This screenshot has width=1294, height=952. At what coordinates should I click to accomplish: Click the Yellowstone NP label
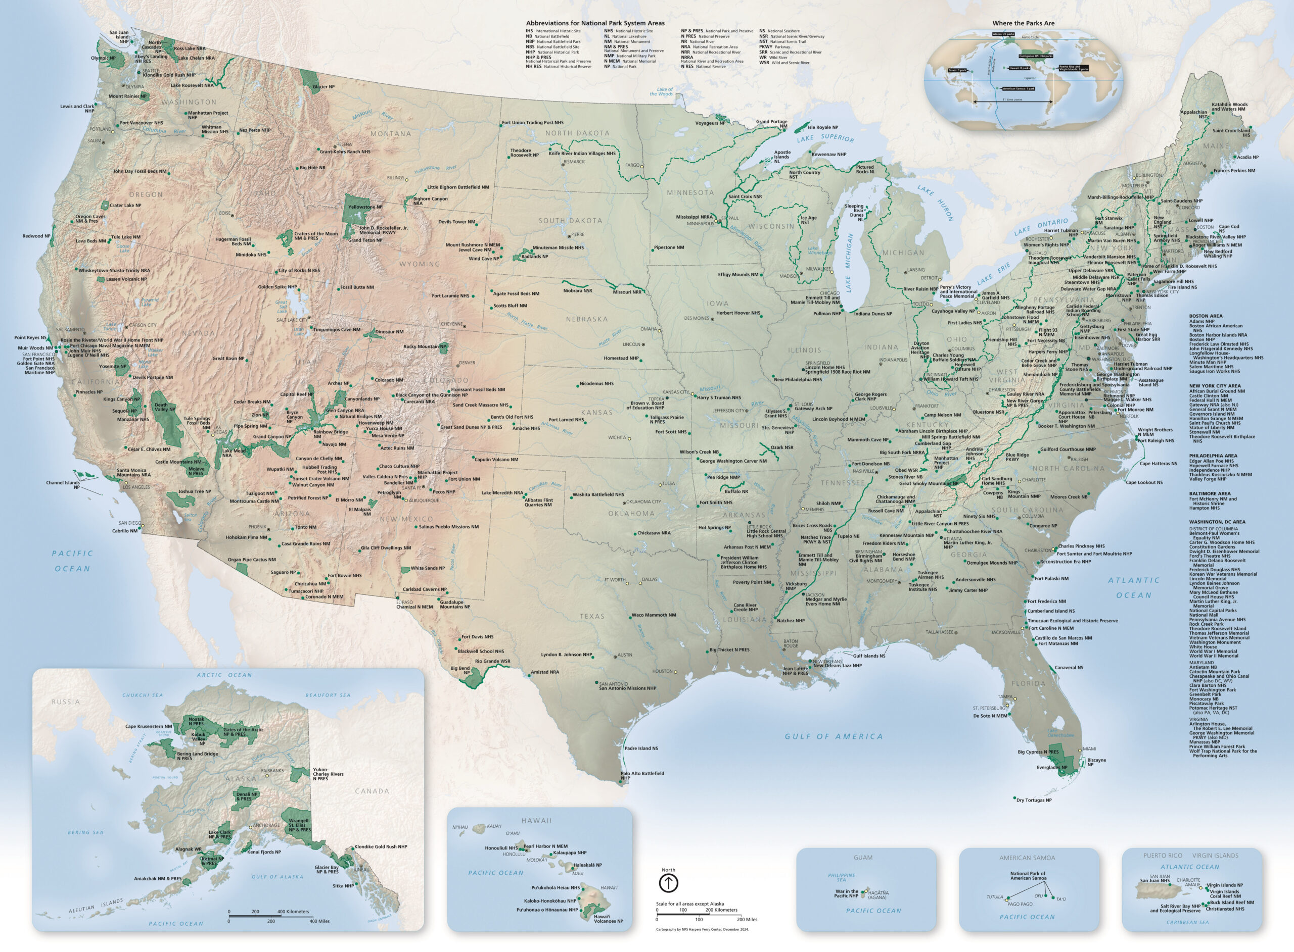tap(365, 207)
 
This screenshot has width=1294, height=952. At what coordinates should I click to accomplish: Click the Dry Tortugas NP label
tap(1033, 800)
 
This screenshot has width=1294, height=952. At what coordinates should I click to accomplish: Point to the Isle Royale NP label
tap(822, 127)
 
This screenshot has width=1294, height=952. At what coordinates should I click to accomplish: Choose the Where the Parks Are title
tap(1023, 23)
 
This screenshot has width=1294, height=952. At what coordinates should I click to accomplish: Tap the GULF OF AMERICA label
tap(833, 736)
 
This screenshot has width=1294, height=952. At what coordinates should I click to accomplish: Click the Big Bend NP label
tap(460, 670)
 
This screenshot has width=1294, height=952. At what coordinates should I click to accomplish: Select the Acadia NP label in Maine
tap(1247, 157)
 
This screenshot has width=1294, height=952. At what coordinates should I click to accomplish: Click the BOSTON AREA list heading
tap(1205, 316)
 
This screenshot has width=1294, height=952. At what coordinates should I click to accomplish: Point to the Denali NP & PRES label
tap(247, 796)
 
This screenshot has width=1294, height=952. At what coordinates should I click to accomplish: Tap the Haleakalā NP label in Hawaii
tap(587, 865)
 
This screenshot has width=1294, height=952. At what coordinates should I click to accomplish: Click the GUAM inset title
tap(863, 857)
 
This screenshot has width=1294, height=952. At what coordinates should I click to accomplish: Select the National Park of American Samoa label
tap(1028, 875)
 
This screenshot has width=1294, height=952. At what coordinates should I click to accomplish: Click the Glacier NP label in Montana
tap(323, 86)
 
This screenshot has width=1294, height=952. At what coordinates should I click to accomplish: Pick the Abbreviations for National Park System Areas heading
tap(595, 23)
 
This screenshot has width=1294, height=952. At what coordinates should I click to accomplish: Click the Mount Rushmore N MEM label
tap(472, 244)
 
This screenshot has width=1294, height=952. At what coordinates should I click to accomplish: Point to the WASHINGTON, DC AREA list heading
tap(1217, 522)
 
